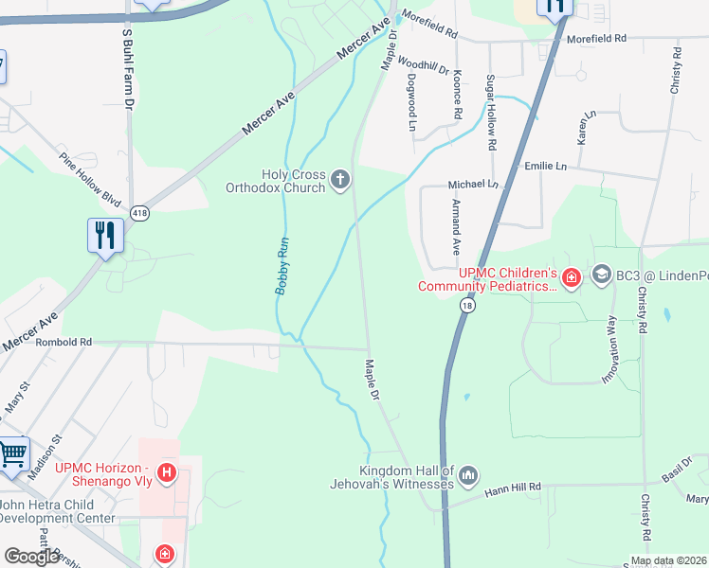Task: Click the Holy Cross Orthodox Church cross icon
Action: tap(340, 179)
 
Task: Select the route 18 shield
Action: tap(466, 305)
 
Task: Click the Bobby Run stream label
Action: tap(282, 265)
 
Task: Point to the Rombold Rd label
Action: tap(64, 342)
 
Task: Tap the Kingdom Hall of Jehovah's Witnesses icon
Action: tap(468, 475)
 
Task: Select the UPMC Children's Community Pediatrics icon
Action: tap(571, 277)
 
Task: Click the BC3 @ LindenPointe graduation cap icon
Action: tap(600, 275)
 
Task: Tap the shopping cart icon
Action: tap(12, 454)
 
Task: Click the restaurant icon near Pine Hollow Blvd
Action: tap(105, 235)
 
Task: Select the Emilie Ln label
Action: tap(545, 166)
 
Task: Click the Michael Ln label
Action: tap(473, 184)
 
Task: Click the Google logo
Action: tap(31, 556)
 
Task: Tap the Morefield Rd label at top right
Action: tap(597, 39)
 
